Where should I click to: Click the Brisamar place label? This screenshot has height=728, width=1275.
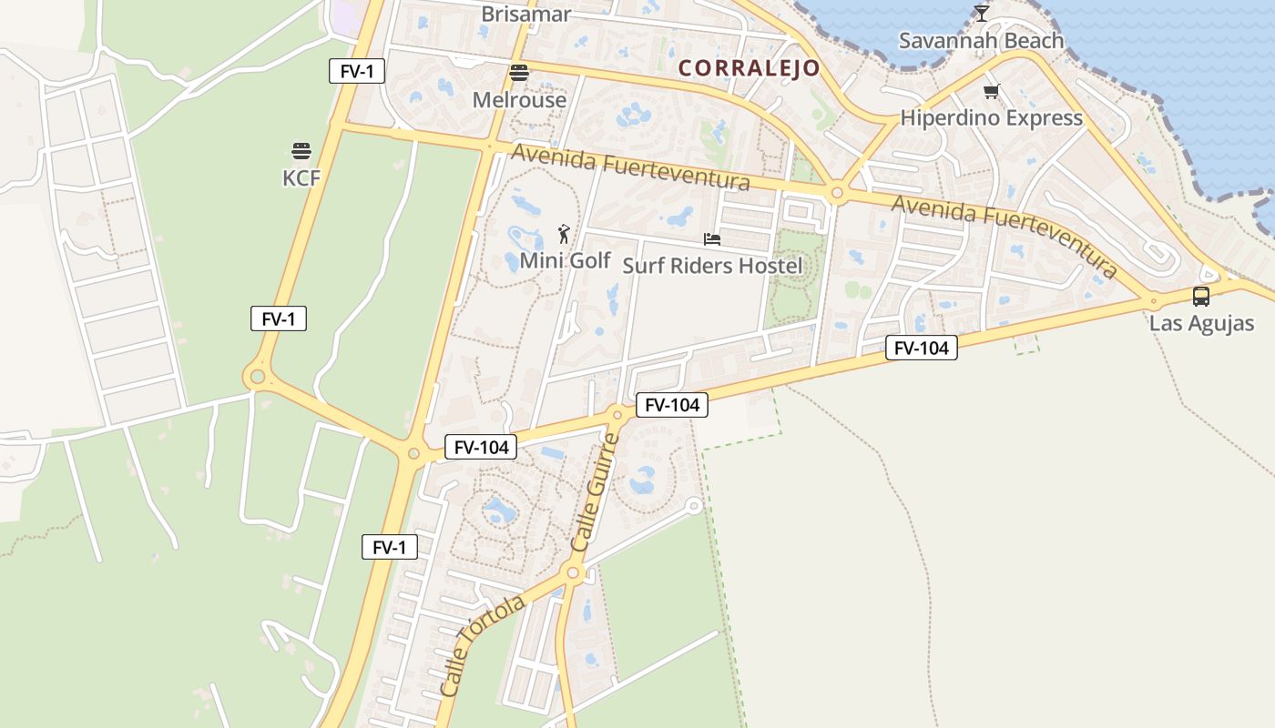click(525, 14)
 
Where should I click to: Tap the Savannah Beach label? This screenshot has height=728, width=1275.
click(981, 40)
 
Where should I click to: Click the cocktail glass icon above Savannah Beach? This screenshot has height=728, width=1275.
click(981, 13)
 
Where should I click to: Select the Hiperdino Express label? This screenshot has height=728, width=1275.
click(991, 117)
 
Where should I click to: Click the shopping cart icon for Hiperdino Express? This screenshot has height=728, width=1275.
click(991, 91)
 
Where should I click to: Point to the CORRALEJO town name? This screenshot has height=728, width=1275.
click(749, 68)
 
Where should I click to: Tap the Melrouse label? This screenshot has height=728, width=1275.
click(519, 99)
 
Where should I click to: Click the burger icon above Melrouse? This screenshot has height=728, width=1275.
click(519, 73)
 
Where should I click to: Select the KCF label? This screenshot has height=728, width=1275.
click(301, 177)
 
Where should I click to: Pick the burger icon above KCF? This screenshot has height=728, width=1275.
click(301, 150)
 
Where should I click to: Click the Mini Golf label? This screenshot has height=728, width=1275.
click(565, 260)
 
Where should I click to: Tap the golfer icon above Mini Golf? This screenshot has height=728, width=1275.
click(564, 234)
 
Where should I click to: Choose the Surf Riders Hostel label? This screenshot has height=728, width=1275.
click(712, 265)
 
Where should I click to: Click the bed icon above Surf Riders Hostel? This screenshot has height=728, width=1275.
click(712, 239)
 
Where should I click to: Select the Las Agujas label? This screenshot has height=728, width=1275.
click(1201, 323)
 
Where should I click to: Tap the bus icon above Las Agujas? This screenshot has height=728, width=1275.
click(1201, 296)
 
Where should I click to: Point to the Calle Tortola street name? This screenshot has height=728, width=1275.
click(482, 646)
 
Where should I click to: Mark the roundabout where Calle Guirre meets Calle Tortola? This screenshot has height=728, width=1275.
click(573, 572)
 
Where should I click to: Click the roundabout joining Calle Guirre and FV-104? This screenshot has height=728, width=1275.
click(617, 415)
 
